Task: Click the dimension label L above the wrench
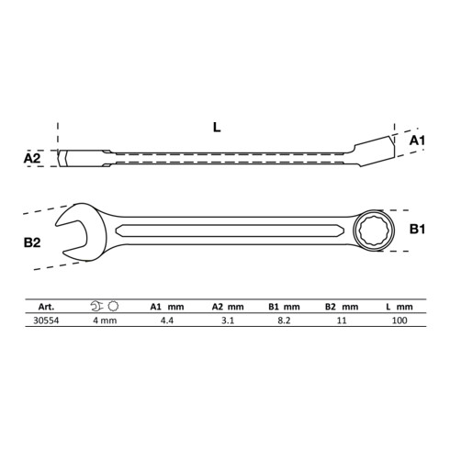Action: click(216, 128)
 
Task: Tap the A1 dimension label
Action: click(415, 139)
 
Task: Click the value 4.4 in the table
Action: click(167, 321)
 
